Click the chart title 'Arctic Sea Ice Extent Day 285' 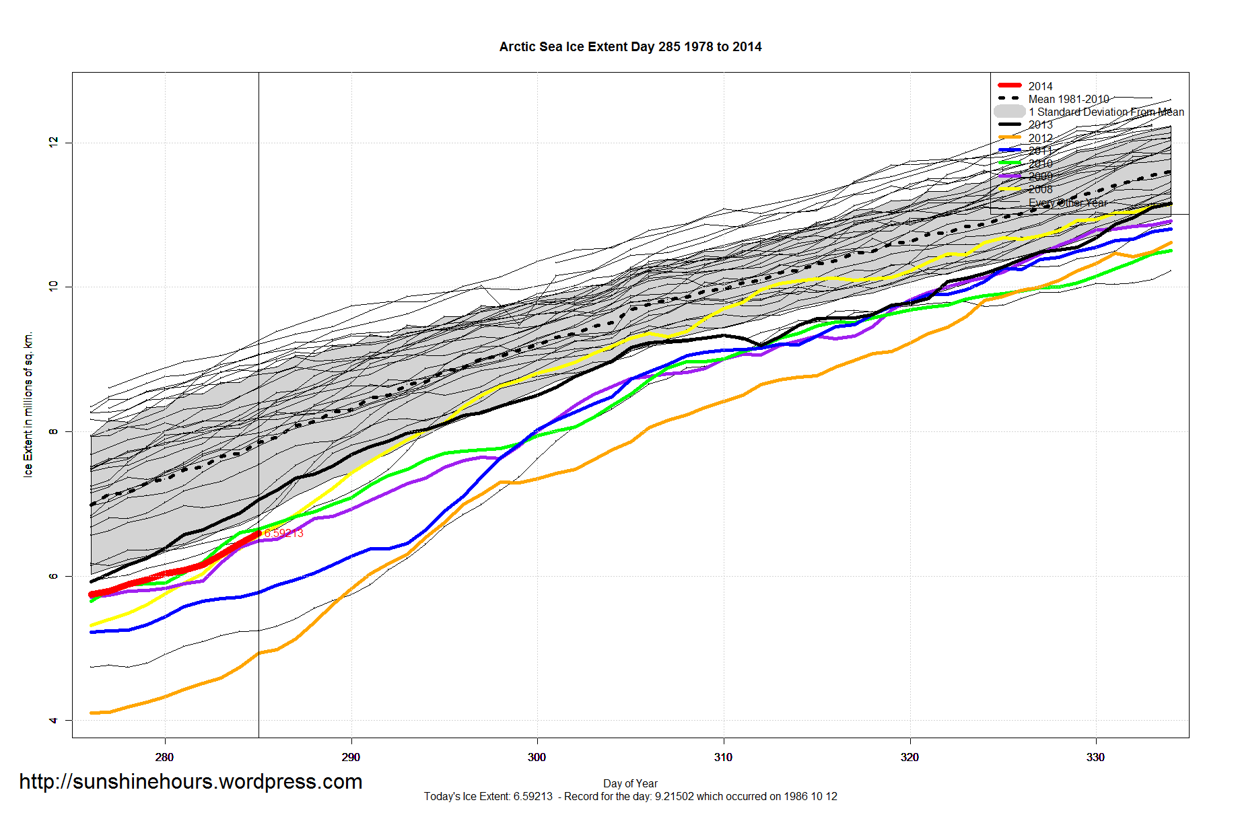coord(630,47)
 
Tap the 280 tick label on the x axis coord(164,757)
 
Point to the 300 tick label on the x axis coord(537,757)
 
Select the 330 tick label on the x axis coord(1095,757)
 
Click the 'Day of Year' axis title coord(630,783)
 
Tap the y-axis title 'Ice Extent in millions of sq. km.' coord(28,404)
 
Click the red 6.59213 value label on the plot coord(283,533)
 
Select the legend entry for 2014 coord(1039,86)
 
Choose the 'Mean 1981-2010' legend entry coord(1068,99)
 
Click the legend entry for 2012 coord(1039,138)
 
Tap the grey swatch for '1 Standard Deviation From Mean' coord(1009,112)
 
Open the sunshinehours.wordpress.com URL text coord(191,781)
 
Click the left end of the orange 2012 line coord(92,713)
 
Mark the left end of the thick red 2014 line coord(92,595)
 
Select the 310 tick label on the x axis coord(723,757)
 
